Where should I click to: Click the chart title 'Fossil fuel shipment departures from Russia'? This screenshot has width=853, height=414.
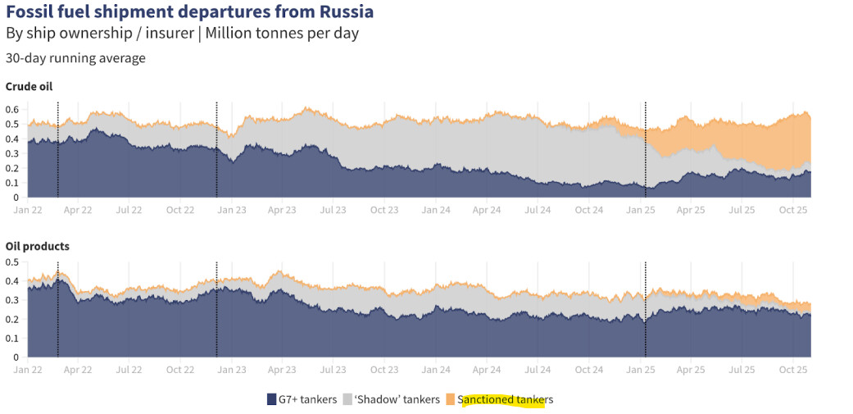coord(189,12)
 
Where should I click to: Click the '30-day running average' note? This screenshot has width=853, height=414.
coord(75,58)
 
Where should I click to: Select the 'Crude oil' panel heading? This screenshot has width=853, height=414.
coord(29,87)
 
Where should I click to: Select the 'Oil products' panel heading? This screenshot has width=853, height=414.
coord(38,246)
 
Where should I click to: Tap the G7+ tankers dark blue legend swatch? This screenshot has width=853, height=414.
coord(272,399)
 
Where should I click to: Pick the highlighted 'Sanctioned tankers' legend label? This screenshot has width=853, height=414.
coord(506,399)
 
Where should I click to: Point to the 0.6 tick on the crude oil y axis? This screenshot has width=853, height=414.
coord(12,109)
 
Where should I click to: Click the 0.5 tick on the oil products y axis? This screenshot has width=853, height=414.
coord(12,262)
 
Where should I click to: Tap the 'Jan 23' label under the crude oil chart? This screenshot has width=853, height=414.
coord(231,210)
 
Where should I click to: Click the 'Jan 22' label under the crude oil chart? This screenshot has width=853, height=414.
coord(27,210)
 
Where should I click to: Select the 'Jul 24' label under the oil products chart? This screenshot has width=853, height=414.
coord(538,370)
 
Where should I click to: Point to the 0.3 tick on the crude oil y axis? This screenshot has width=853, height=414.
coord(12,153)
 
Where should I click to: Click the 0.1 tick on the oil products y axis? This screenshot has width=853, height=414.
coord(12,339)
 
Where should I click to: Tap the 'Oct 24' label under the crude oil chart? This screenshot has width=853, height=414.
coord(588,210)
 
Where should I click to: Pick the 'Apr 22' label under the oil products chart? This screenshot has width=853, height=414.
coord(78,370)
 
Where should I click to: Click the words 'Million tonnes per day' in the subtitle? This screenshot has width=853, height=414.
coord(282,34)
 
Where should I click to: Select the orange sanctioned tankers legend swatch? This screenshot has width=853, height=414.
coord(450,399)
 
